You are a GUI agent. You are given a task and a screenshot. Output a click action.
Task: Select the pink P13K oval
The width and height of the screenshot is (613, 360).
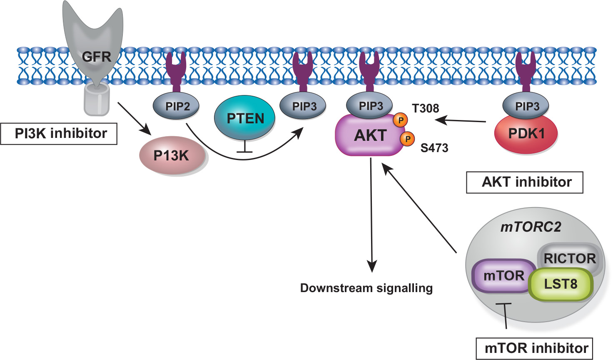point(172,156)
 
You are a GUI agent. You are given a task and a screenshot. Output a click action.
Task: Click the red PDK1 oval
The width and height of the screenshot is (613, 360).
point(526,134)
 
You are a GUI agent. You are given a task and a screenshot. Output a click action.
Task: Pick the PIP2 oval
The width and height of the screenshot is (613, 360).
point(177,106)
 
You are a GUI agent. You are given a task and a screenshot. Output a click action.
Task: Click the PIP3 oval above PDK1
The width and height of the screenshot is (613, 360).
point(526,106)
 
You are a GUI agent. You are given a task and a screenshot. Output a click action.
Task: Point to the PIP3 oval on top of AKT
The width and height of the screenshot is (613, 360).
point(371,106)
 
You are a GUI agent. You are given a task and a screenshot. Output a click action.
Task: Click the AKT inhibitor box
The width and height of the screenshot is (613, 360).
point(525,182)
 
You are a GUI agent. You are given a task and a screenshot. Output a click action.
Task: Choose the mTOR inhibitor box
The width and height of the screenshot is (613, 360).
point(534,348)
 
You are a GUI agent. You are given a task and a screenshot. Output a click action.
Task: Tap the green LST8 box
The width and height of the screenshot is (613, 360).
point(561,284)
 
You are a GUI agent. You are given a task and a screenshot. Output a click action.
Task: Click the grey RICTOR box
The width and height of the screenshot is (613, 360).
point(570,258)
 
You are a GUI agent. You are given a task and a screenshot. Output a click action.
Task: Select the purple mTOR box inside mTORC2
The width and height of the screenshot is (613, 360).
point(503,275)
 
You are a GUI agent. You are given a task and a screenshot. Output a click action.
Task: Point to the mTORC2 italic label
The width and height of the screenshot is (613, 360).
point(531,227)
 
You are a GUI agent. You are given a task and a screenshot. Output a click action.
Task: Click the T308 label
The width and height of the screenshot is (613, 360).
point(425,108)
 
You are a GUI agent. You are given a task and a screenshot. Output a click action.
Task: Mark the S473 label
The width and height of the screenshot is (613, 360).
point(434,148)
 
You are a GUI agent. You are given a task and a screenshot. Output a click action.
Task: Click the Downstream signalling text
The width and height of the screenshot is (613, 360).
point(366,288)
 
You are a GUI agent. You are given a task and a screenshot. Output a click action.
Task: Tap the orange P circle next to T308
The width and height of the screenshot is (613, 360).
point(401,120)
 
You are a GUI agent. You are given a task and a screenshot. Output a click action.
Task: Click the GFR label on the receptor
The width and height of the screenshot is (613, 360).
point(97,56)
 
